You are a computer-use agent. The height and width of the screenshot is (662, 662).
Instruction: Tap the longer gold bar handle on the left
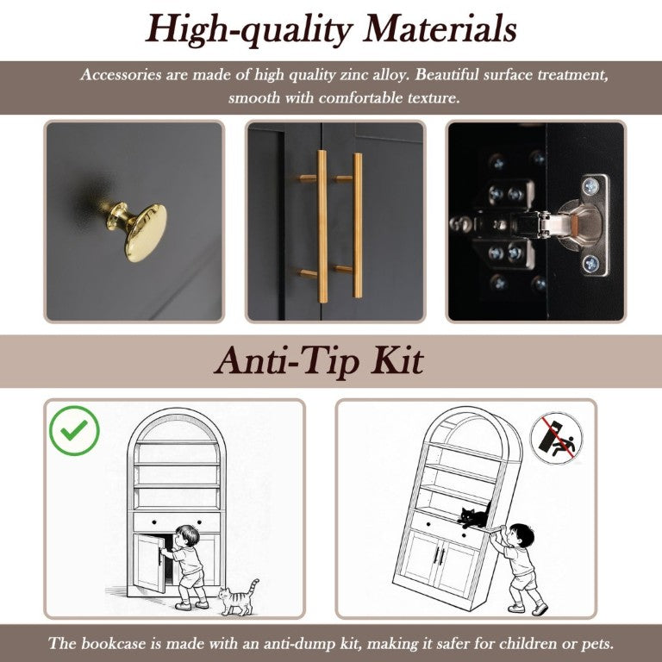point(322,227)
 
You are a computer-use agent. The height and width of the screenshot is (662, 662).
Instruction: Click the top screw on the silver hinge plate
point(590,186)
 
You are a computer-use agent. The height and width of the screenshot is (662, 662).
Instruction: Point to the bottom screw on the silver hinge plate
point(590,265)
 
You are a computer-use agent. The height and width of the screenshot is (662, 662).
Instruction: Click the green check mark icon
point(74,431)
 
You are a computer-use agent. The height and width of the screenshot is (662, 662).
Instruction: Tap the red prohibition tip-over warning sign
point(556,439)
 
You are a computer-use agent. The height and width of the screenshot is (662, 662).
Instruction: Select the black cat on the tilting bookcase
point(475,516)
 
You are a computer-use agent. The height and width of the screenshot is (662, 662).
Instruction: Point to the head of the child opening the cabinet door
point(187,535)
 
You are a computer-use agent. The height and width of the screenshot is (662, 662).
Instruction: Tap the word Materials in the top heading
point(440,29)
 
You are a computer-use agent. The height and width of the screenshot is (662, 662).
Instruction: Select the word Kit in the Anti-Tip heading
point(397,361)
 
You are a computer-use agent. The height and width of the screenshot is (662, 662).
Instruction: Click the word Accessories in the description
point(121,75)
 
